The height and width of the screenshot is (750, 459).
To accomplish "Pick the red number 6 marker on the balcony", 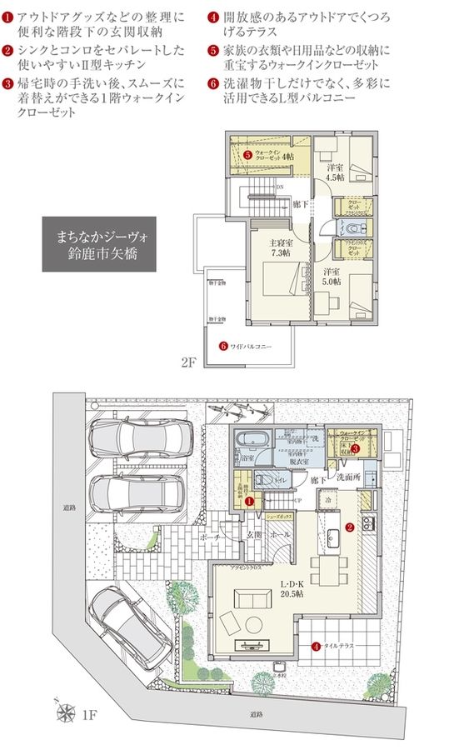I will [x=223, y=345].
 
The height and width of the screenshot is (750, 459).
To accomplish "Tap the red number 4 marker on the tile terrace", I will [x=316, y=646].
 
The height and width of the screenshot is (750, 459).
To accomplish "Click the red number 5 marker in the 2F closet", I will [x=247, y=155].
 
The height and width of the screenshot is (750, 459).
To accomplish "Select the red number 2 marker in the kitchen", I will [x=351, y=527].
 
